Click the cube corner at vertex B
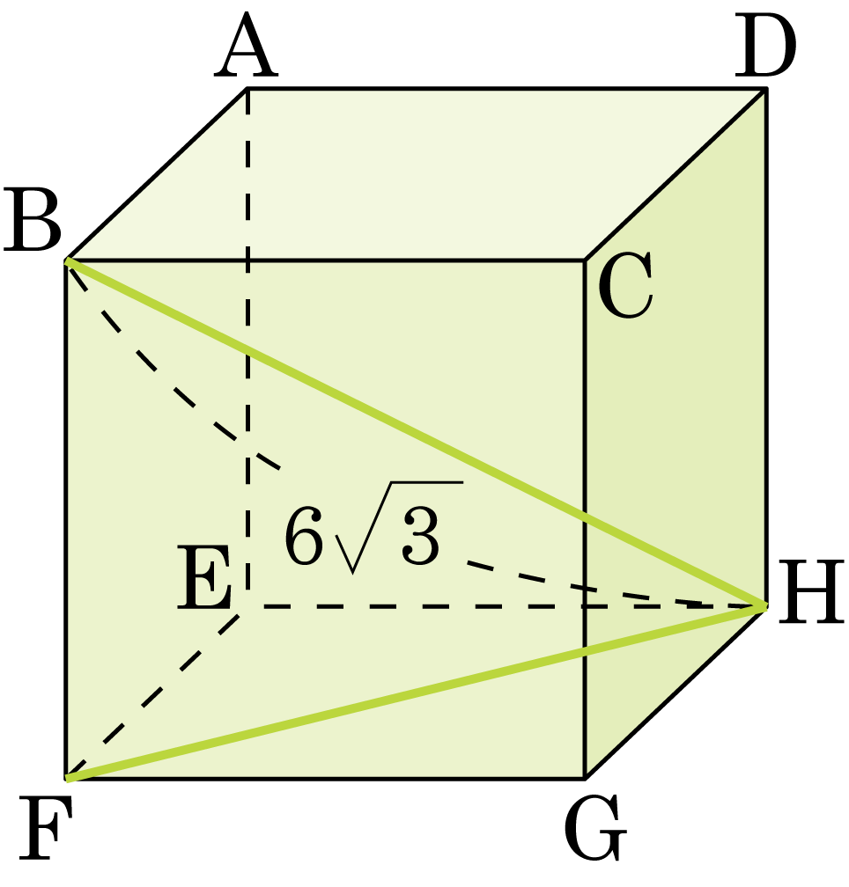67,260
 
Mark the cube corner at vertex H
766,605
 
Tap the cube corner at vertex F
67,779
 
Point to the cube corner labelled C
586,260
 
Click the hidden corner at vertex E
247,605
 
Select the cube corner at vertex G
586,779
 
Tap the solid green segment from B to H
417,433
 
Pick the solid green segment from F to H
417,693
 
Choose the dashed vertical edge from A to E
247,348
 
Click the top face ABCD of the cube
417,174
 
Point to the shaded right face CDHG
676,433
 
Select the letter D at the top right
765,46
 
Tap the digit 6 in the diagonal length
304,536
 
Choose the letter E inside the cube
203,577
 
